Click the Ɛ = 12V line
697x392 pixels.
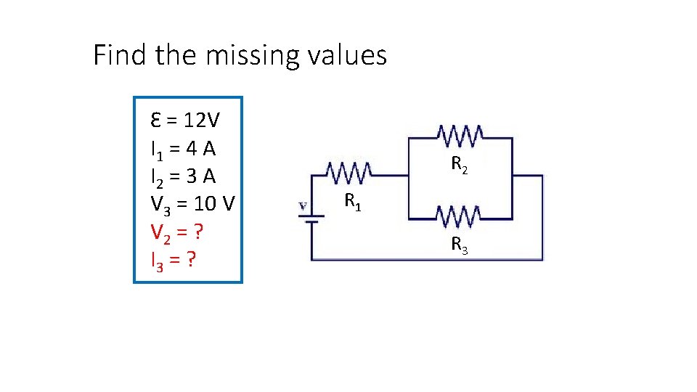186,119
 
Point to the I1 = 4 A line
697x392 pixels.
183,148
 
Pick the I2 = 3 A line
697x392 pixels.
183,176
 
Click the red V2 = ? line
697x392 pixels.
176,233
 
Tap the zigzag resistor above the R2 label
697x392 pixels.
460,134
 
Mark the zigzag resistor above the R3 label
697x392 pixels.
459,215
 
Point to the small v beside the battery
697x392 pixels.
302,206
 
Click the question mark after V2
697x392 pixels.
197,233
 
